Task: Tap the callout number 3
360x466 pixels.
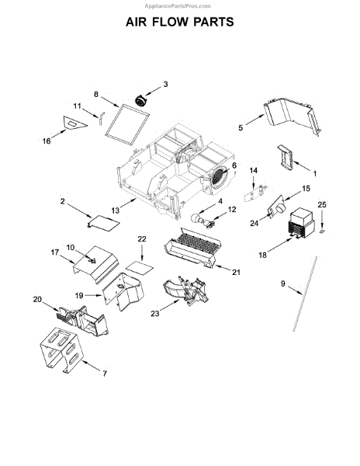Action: pos(165,85)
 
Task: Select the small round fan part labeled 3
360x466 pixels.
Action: pos(140,100)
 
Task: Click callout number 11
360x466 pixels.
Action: pos(77,106)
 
